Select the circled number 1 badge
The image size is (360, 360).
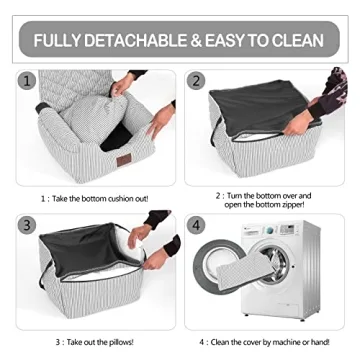coord(27,81)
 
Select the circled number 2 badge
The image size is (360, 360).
coord(197,81)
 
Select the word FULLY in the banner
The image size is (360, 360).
coord(58,41)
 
